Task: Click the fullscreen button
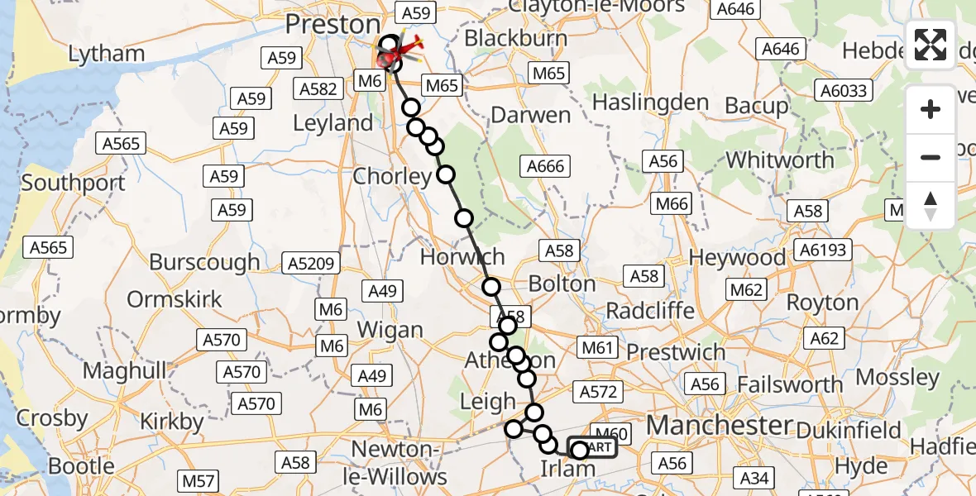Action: [x=931, y=45]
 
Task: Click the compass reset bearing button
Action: [x=931, y=205]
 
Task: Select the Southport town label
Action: [x=74, y=183]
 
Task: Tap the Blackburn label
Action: [x=516, y=38]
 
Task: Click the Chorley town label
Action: [x=392, y=176]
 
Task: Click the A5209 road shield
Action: [x=311, y=264]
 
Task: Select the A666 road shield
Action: [x=546, y=166]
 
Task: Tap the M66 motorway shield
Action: [x=672, y=203]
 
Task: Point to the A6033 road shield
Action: [x=843, y=91]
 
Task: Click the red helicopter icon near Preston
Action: [x=407, y=51]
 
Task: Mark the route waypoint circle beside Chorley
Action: [x=446, y=174]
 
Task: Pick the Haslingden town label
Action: [x=651, y=103]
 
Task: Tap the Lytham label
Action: [x=107, y=55]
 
